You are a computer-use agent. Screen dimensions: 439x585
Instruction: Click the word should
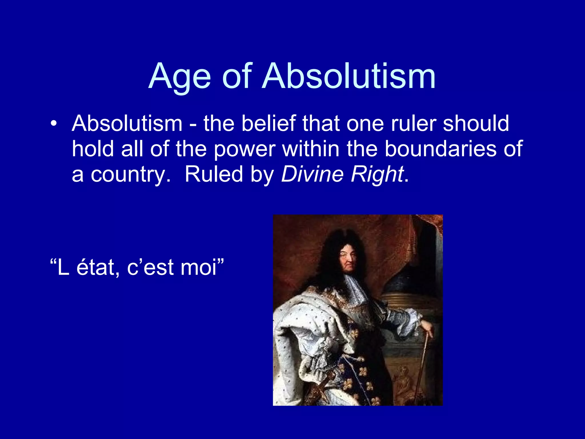(x=476, y=123)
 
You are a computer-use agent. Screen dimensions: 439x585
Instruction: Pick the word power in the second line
(x=245, y=149)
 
